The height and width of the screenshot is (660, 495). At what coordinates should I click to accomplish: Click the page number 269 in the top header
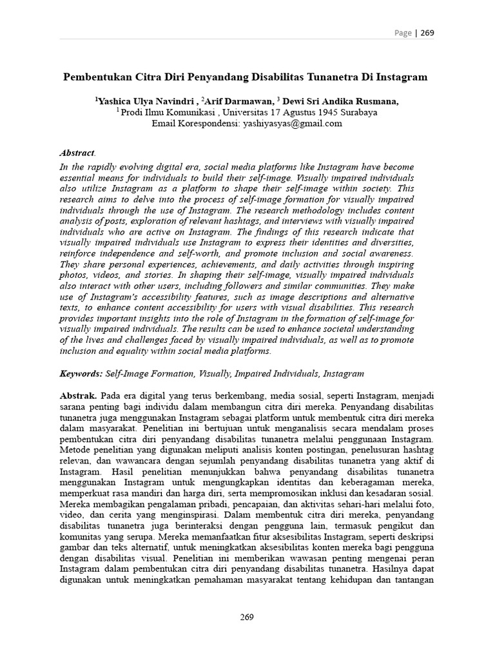[427, 34]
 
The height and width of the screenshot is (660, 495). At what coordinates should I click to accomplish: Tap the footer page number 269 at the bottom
[247, 617]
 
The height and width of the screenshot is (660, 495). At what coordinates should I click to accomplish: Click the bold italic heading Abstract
[77, 153]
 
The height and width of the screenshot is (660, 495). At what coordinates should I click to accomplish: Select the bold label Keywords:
[81, 373]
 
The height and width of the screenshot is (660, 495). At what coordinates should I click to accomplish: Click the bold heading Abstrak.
[78, 395]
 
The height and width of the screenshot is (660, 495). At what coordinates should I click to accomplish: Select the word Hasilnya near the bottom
[397, 570]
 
